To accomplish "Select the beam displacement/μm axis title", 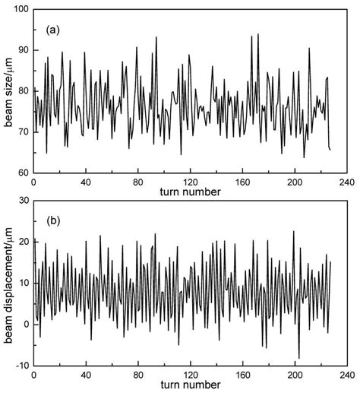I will [x=8, y=283].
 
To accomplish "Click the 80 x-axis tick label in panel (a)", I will [x=137, y=183].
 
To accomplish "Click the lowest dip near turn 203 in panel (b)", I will [x=298, y=357].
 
